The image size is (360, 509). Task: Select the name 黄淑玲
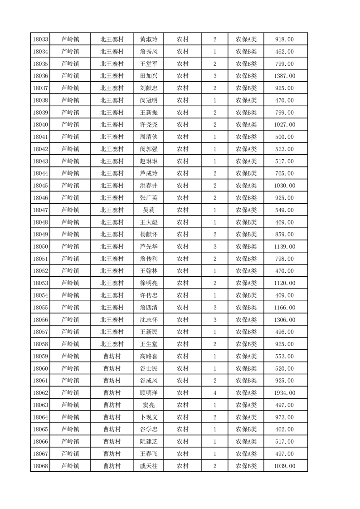(148, 39)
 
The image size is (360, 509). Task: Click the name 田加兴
(148, 76)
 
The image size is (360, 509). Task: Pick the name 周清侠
(148, 137)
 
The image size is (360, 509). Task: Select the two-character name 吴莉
(148, 210)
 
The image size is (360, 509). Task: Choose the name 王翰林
(148, 271)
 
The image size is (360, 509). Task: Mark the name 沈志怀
(148, 320)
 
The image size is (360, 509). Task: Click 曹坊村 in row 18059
(112, 357)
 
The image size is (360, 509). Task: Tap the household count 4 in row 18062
(214, 393)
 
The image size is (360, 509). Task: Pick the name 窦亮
(148, 405)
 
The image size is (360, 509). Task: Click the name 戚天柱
(148, 466)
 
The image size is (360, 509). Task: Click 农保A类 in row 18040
(246, 125)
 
